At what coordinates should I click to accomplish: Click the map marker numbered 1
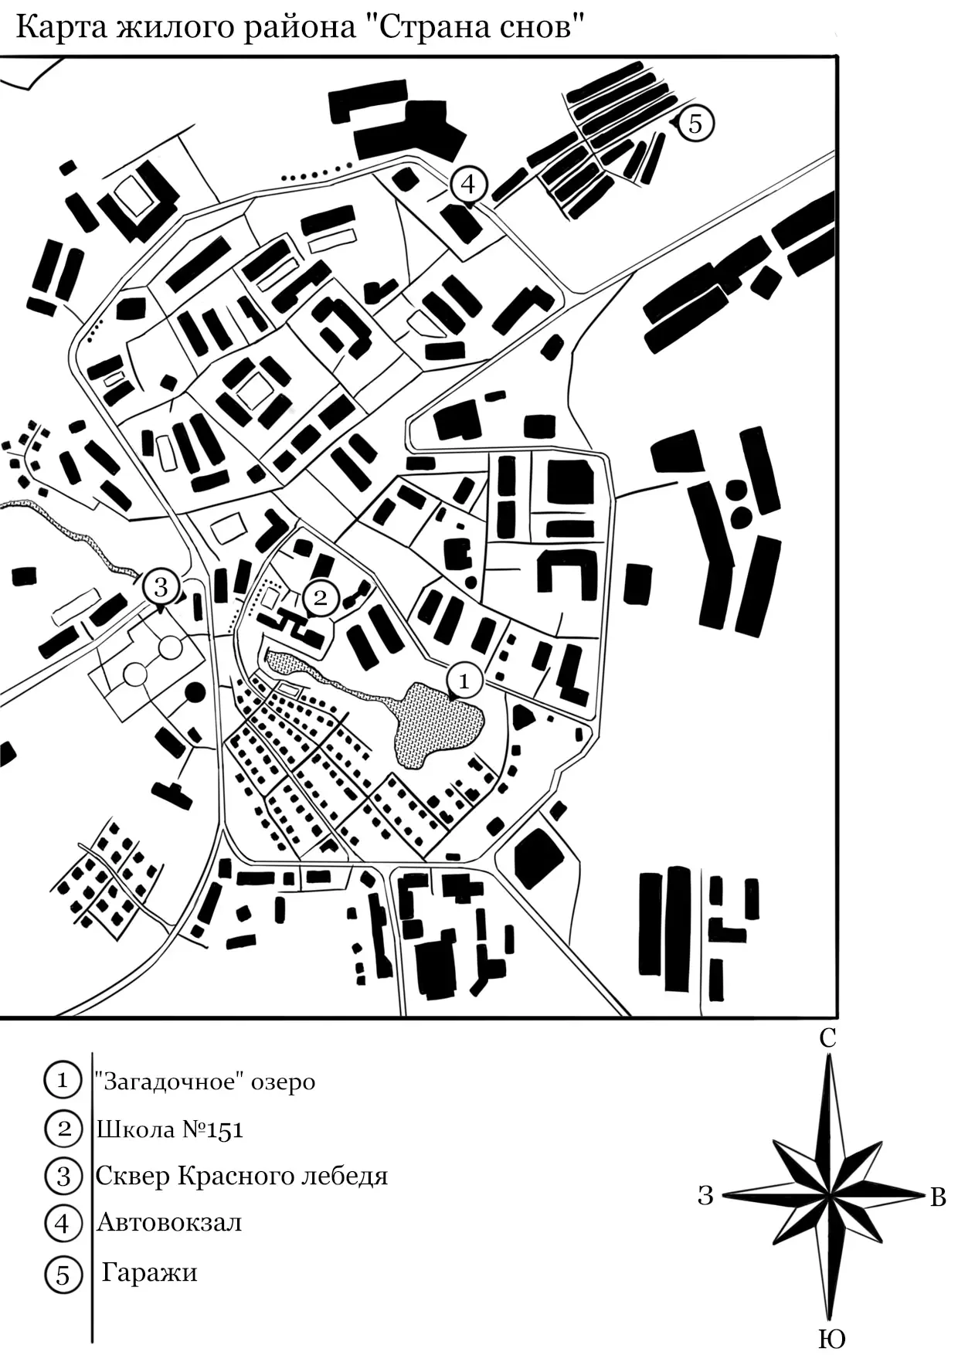(x=464, y=681)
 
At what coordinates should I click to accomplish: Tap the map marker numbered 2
(x=321, y=597)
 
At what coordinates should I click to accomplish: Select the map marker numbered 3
(x=161, y=586)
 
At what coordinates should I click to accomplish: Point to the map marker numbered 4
(x=467, y=185)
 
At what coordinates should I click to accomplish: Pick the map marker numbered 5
(x=695, y=123)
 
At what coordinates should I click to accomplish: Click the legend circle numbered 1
(x=63, y=1080)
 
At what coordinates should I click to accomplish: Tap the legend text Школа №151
(x=170, y=1129)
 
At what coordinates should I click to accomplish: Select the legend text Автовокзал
(x=169, y=1223)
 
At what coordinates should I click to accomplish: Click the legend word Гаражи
(x=150, y=1272)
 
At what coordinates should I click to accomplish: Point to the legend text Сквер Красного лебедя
(x=242, y=1176)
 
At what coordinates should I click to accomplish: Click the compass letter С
(x=827, y=1039)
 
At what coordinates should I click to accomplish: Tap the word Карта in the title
(x=62, y=29)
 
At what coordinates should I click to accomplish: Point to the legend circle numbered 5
(x=63, y=1275)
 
